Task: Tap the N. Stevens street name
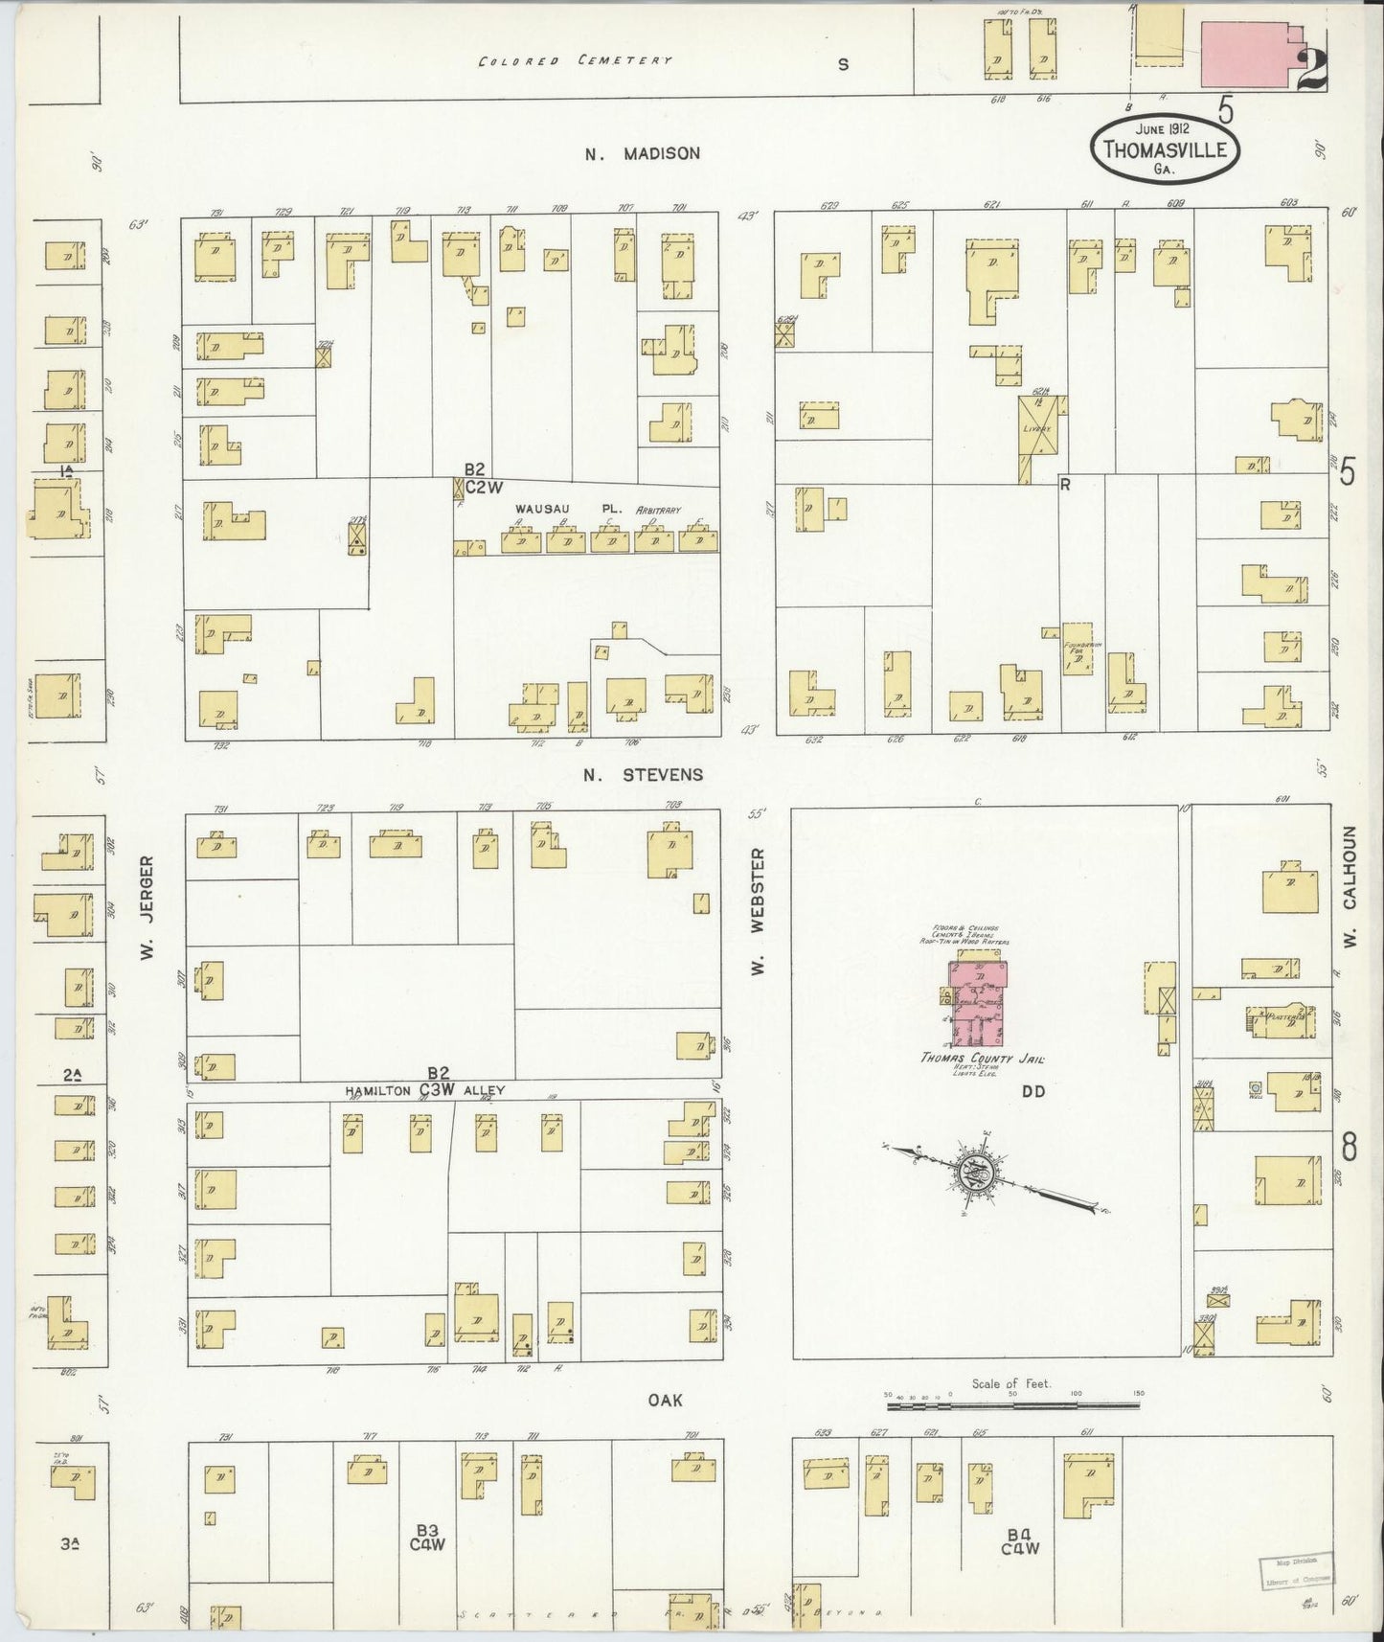coord(644,774)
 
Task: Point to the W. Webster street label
coord(758,909)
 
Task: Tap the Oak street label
coord(665,1400)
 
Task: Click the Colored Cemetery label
coord(576,60)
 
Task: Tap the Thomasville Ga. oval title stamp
coord(1168,149)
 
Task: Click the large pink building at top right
coord(1246,44)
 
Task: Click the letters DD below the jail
coord(1032,1091)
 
